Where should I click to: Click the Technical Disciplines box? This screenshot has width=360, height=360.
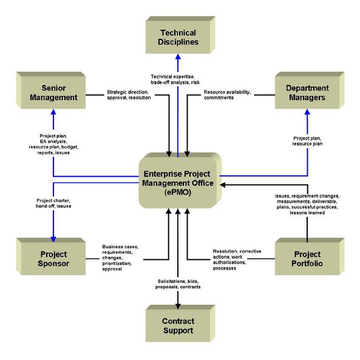[180, 35]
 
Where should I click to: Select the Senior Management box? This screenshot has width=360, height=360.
[51, 90]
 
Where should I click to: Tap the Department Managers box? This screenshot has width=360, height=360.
[310, 90]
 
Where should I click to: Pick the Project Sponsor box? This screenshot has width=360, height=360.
[51, 256]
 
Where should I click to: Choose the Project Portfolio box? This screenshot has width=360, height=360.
[310, 256]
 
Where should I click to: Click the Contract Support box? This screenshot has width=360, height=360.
[180, 324]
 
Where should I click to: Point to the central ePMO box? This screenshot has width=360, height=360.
[180, 180]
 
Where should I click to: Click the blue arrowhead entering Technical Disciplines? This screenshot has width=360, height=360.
[178, 56]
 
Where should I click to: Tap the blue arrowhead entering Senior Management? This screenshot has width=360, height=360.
[53, 112]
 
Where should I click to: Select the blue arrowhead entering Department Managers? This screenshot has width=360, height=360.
[307, 112]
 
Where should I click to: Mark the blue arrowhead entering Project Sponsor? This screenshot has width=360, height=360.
[53, 239]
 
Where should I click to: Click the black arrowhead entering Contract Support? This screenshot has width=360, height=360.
[178, 307]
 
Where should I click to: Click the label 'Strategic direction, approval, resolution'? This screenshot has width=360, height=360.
[129, 95]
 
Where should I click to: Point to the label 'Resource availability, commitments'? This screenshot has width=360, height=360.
[227, 95]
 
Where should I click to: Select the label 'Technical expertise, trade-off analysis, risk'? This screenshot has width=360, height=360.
[175, 80]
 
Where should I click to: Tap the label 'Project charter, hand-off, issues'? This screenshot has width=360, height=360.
[53, 203]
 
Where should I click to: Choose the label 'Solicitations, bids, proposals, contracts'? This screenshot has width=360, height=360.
[178, 284]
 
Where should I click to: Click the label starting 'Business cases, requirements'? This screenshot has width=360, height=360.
[120, 258]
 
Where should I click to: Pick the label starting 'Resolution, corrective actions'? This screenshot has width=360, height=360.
[237, 260]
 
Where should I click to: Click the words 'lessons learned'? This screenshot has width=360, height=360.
[307, 213]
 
